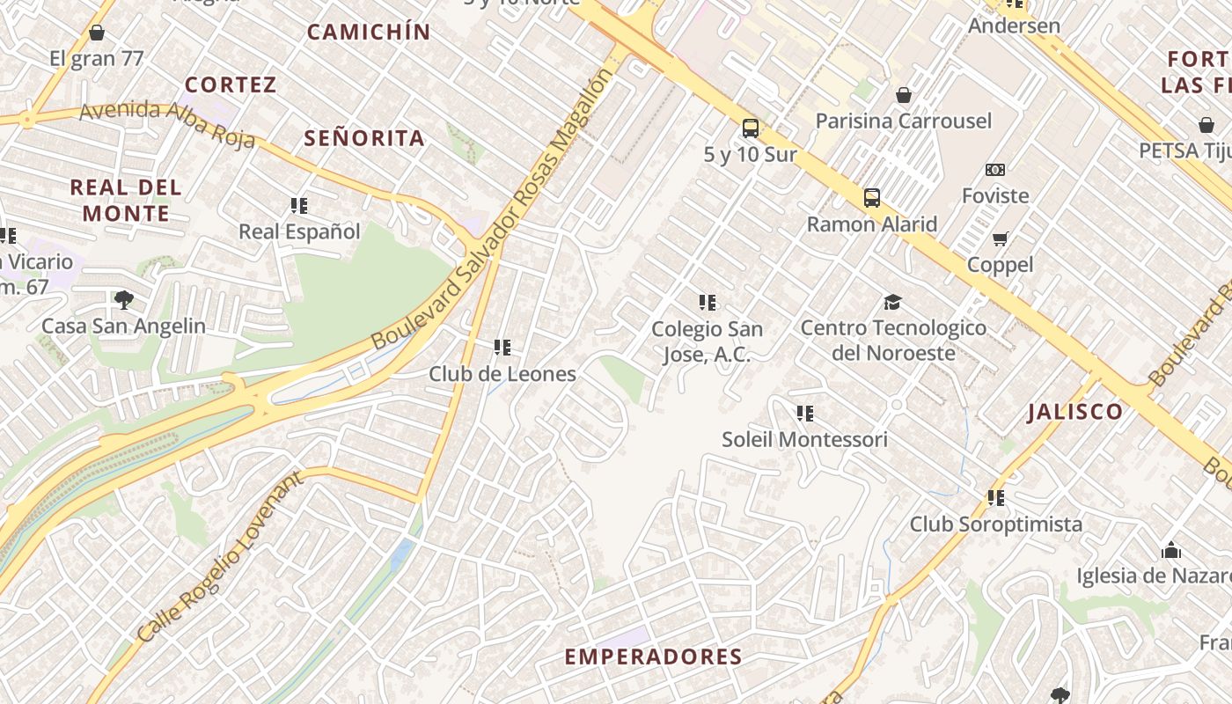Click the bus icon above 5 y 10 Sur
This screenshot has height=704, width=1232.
click(x=750, y=128)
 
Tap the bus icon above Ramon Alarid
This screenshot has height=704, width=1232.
click(x=871, y=198)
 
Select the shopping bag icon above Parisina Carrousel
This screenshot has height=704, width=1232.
click(x=903, y=95)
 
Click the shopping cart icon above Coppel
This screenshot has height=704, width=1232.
click(x=1000, y=238)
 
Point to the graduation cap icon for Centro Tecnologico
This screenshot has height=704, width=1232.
click(x=893, y=303)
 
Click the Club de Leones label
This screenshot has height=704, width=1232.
click(x=502, y=373)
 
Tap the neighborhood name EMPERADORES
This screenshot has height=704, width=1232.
click(x=653, y=656)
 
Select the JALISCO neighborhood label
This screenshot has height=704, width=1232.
click(x=1074, y=412)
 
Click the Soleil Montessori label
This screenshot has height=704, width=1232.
click(x=804, y=438)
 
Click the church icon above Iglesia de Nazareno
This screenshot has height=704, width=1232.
click(x=1170, y=551)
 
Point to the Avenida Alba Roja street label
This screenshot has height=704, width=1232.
click(x=167, y=124)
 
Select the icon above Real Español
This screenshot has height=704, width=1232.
click(x=299, y=206)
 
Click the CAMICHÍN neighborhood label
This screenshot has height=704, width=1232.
click(x=369, y=33)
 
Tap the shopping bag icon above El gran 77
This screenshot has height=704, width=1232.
click(x=97, y=33)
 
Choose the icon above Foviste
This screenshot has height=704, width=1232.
click(x=995, y=170)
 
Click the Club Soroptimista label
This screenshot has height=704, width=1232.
click(x=995, y=524)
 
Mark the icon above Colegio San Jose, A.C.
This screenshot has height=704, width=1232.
click(x=707, y=303)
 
